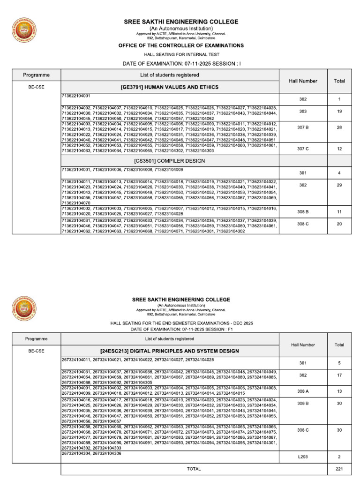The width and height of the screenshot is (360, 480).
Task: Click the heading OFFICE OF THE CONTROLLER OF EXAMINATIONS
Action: coord(180,45)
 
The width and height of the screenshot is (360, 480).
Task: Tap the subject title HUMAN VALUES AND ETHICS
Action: coord(170,87)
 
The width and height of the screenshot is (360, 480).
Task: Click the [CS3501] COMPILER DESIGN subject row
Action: coord(170,161)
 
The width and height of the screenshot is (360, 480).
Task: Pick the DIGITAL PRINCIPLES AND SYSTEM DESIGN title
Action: coord(170,351)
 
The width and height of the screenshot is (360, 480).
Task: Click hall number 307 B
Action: coord(303,127)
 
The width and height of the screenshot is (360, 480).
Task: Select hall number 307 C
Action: coord(303,149)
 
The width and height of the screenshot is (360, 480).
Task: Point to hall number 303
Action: coord(303,112)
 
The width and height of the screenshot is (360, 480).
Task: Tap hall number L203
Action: coord(303,457)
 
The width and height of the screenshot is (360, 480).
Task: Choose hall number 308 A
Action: coord(303,391)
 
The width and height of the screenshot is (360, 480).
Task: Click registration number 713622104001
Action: coord(76,96)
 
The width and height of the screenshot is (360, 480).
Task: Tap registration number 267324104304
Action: coord(76,453)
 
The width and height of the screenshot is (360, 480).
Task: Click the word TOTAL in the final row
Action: coord(194,469)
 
